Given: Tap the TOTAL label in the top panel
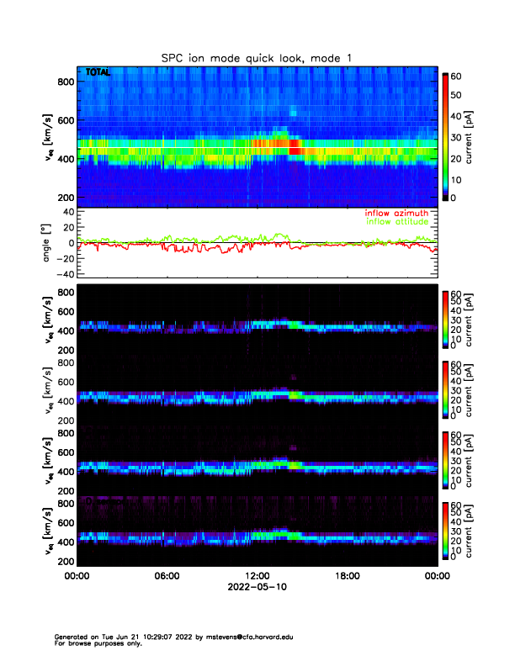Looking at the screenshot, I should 98,73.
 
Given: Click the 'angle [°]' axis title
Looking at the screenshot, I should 48,244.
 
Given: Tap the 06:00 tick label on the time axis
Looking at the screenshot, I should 167,576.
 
